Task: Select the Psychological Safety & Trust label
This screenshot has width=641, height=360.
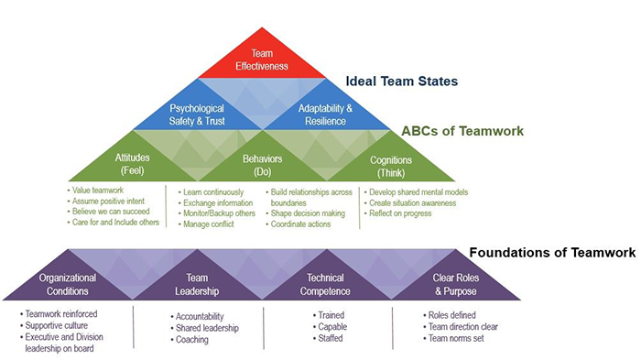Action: (197, 115)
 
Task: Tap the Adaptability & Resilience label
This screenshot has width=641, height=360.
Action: (325, 115)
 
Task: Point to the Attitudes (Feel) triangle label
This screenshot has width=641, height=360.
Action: (132, 164)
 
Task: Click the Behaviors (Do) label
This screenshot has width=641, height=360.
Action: (263, 165)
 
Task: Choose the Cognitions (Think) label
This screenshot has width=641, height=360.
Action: (391, 166)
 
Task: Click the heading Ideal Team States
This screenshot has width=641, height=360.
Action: (402, 81)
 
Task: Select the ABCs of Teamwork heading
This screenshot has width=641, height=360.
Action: (462, 131)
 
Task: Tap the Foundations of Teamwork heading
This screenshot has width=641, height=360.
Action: (553, 253)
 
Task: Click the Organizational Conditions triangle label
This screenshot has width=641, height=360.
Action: (68, 284)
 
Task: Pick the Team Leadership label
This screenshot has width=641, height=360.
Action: (197, 284)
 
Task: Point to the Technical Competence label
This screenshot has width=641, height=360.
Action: (325, 284)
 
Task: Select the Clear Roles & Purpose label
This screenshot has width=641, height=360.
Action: (456, 284)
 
